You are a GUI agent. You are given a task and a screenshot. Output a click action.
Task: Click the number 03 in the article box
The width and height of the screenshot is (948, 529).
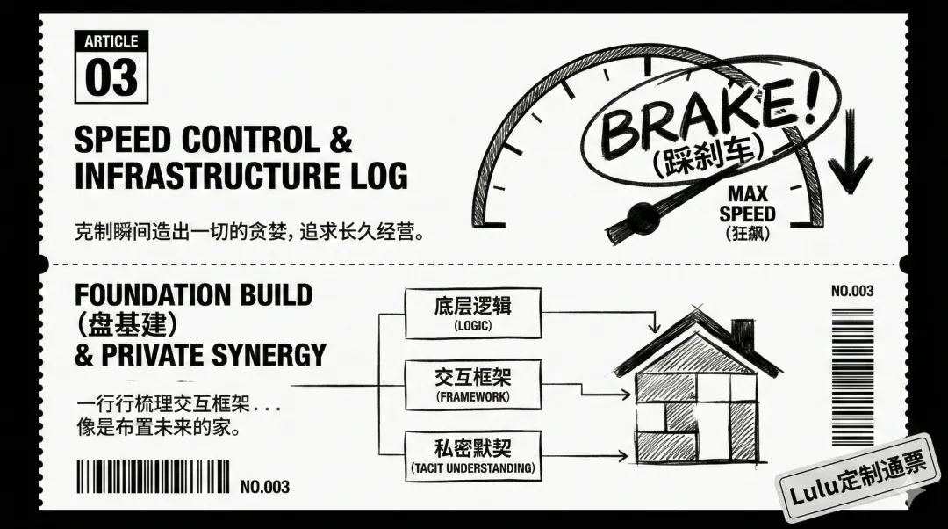[111, 76]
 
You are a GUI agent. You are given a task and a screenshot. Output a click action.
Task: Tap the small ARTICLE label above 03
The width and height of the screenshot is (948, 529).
[111, 41]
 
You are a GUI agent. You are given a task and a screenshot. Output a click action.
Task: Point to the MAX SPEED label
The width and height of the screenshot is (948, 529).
[747, 204]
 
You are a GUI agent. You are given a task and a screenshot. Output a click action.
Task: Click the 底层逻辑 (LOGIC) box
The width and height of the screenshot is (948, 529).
[473, 313]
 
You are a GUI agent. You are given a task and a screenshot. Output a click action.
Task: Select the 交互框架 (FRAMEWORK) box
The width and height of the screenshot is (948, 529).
[473, 384]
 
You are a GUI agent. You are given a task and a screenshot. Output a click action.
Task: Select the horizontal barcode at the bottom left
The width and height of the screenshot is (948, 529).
[154, 477]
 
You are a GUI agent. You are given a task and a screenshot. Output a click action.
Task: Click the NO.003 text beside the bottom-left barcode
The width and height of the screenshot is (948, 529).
[264, 487]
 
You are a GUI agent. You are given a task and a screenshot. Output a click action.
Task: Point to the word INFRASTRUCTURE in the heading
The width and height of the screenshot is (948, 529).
[204, 175]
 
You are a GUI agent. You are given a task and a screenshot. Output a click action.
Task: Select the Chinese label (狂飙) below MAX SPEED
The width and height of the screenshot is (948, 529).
[747, 234]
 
